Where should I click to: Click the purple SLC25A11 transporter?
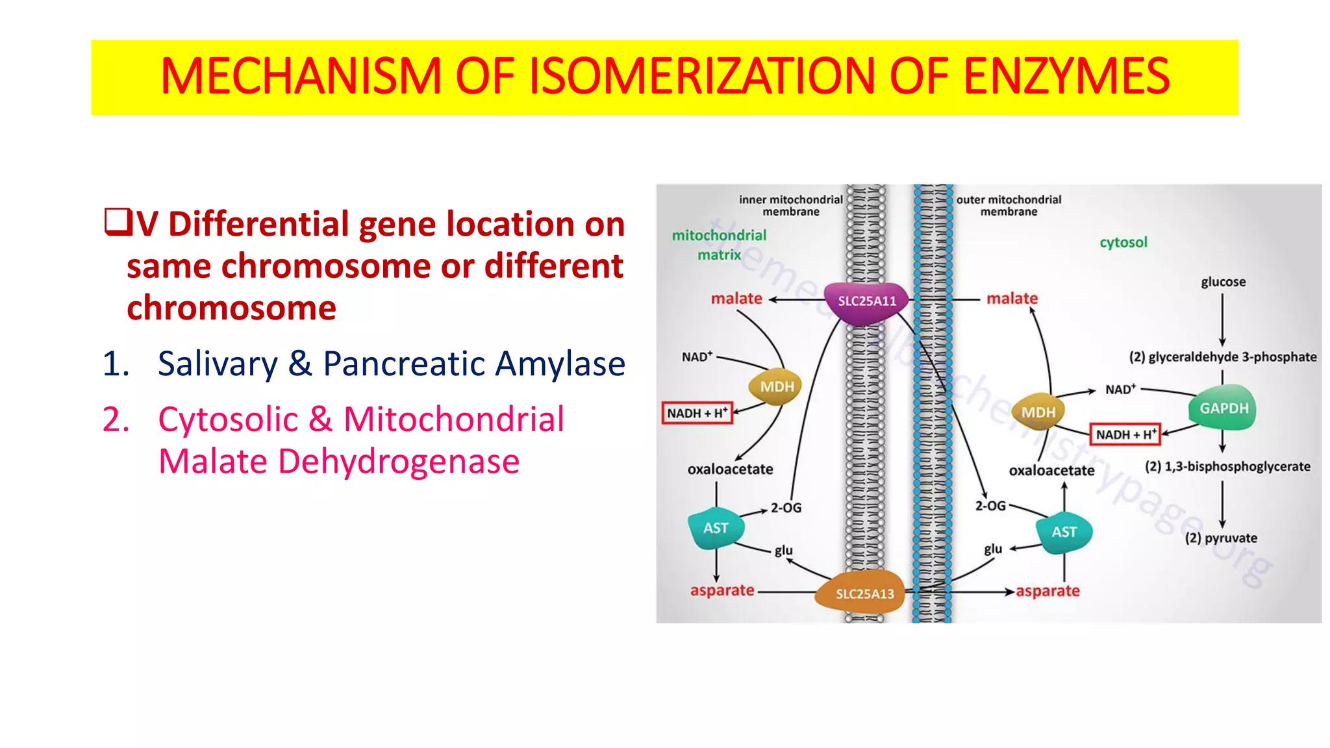click(x=866, y=302)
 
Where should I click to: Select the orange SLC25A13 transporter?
click(x=864, y=593)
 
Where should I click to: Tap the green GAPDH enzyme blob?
click(x=1223, y=408)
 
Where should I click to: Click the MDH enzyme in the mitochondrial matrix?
click(x=776, y=387)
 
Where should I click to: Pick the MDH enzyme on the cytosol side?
click(x=1038, y=412)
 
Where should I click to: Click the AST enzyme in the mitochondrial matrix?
click(x=716, y=528)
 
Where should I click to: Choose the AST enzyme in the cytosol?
click(x=1064, y=532)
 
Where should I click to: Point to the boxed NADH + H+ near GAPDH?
click(x=1125, y=434)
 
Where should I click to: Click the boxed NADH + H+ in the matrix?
click(x=697, y=413)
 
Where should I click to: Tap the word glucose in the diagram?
click(x=1223, y=282)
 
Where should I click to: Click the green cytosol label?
click(x=1123, y=242)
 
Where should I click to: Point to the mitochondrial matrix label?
click(x=719, y=245)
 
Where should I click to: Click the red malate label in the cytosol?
click(x=1012, y=299)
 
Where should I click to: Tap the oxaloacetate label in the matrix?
click(x=730, y=469)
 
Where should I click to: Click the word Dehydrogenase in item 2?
click(x=398, y=462)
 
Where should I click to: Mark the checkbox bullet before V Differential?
click(x=118, y=222)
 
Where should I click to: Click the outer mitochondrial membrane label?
click(x=1008, y=205)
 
